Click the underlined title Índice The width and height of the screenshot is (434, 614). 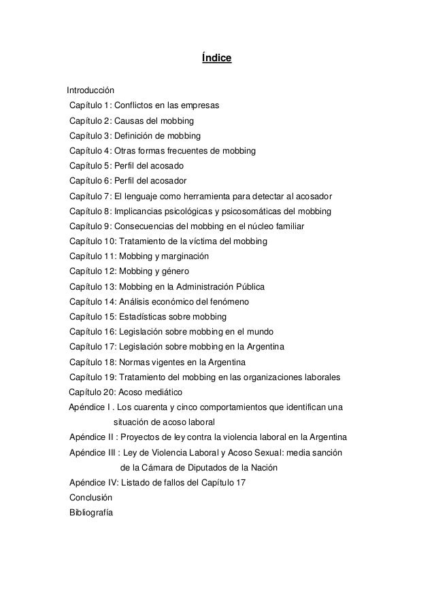click(x=217, y=59)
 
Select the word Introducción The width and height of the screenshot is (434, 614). click(x=90, y=90)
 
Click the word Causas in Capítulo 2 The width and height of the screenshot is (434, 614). click(x=130, y=121)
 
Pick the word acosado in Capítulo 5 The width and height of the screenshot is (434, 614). click(x=168, y=166)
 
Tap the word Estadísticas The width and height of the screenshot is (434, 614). click(x=144, y=317)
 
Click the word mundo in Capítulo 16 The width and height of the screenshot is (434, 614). click(x=258, y=332)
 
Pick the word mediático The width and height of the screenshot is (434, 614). click(x=164, y=392)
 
